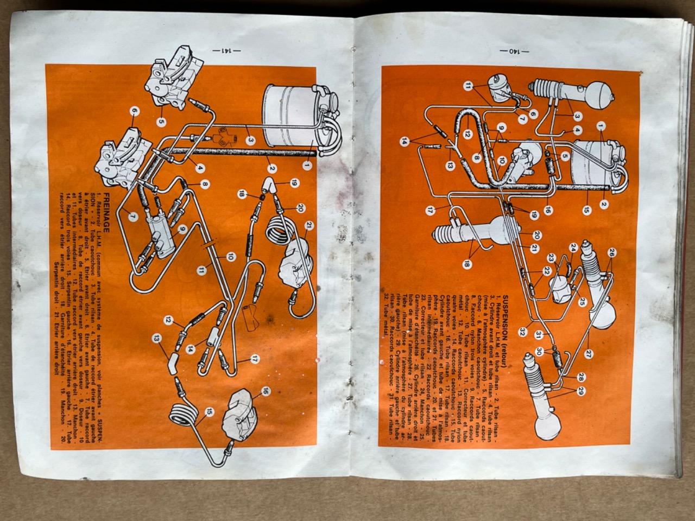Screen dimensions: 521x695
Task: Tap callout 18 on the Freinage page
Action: pyautogui.click(x=242, y=194)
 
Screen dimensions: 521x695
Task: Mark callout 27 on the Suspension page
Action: pyautogui.click(x=589, y=353)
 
